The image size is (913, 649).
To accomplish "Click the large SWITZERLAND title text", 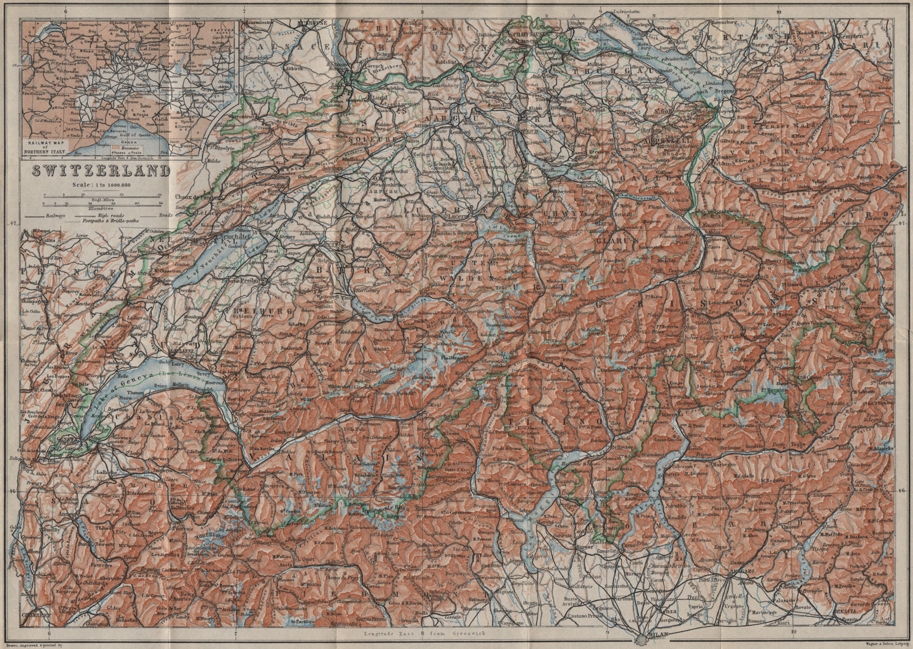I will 100,171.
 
